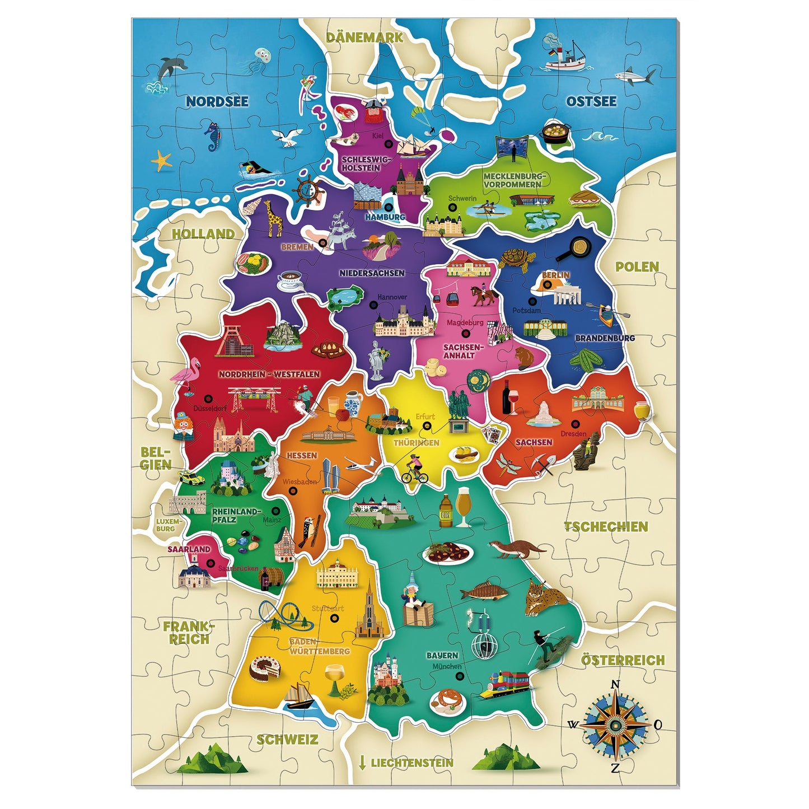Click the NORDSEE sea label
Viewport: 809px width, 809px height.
pos(217,101)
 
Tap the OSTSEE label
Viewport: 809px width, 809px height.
pos(591,101)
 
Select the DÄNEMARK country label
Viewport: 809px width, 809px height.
pos(364,38)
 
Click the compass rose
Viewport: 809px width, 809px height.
pos(615,724)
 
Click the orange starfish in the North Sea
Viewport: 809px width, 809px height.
pos(162,161)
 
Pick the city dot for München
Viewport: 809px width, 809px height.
pos(460,676)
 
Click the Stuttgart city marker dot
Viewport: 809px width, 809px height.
pos(335,619)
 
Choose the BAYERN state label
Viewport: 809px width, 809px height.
pos(442,655)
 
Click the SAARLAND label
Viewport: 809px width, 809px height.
pos(189,549)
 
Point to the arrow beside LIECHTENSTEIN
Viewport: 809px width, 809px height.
pos(362,762)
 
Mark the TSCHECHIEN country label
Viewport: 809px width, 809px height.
pos(605,526)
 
